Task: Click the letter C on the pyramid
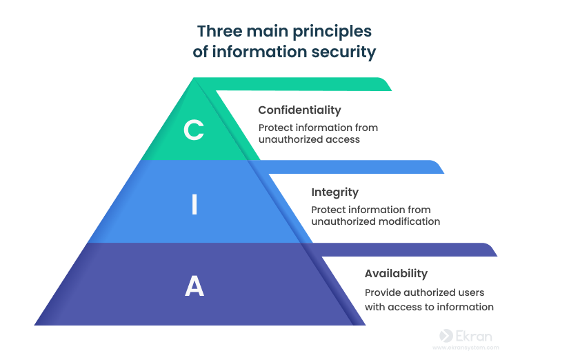point(194,130)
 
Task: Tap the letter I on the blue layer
point(194,205)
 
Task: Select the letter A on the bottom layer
point(194,286)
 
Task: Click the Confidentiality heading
point(299,110)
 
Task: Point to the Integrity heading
point(335,192)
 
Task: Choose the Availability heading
point(396,273)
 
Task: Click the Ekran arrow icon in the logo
point(446,336)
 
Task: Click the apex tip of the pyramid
point(195,79)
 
